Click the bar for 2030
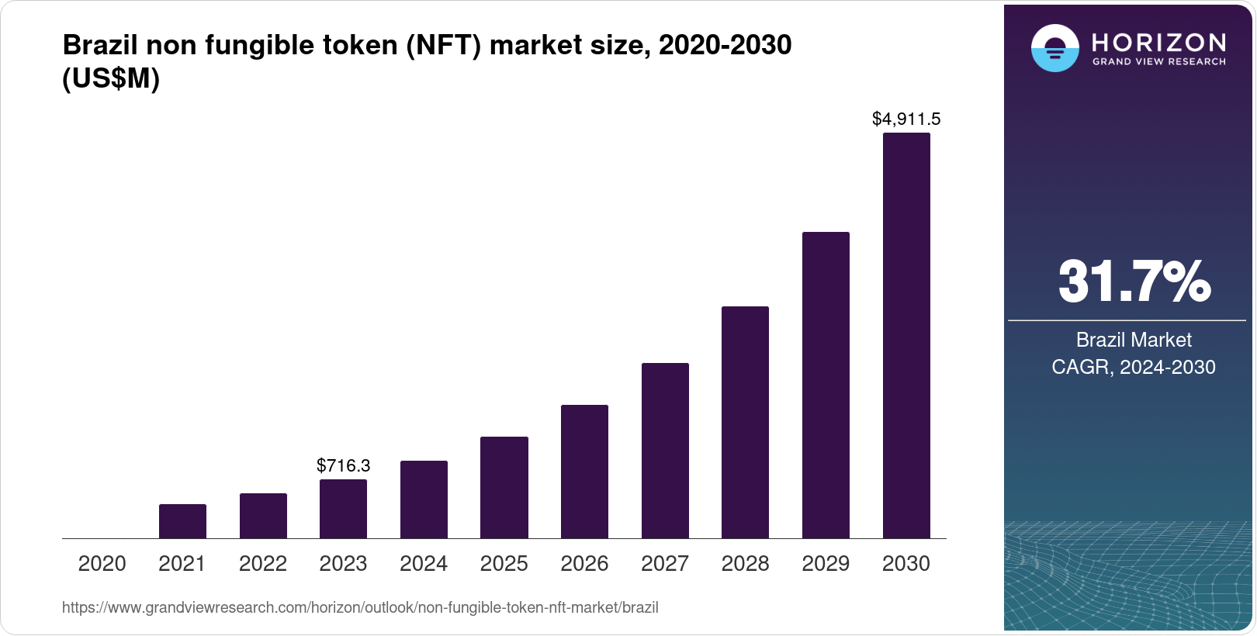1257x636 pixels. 906,335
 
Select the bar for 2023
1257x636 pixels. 343,509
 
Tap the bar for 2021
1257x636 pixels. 182,521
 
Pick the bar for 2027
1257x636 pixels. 665,450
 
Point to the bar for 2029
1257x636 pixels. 826,385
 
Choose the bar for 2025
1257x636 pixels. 504,487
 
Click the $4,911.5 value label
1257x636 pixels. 906,119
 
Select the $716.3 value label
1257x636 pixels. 343,465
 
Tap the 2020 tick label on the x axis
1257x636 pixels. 102,564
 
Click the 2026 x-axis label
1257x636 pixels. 584,564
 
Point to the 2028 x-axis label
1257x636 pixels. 745,564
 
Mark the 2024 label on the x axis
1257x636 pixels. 424,564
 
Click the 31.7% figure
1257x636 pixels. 1134,282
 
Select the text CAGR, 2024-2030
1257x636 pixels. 1133,367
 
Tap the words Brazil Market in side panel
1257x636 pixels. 1133,340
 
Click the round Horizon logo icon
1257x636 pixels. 1054,48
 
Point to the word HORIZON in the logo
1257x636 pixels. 1158,42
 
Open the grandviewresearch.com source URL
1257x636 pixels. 360,608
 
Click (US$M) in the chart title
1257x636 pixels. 111,79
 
